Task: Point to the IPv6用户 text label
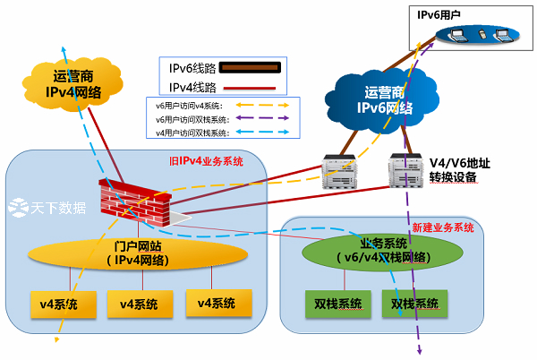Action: (x=440, y=14)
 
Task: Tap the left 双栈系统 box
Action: (x=333, y=304)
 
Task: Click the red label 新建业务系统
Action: (x=442, y=227)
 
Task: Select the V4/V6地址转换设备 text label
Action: (x=459, y=169)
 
